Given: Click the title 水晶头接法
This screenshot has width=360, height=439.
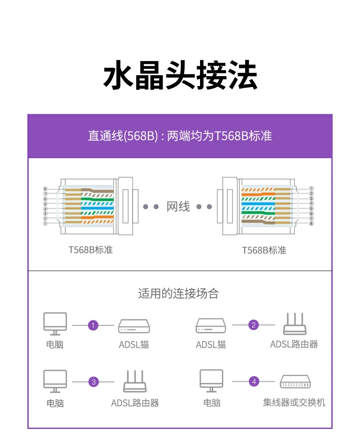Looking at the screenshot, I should pos(180,76).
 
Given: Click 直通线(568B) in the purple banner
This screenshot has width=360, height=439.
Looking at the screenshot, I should pos(123,136).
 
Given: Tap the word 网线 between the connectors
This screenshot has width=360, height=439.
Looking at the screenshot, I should pos(178,207).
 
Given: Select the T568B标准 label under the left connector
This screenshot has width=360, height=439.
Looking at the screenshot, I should pos(91,250).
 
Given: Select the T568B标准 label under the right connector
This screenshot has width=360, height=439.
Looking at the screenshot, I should pos(264,250).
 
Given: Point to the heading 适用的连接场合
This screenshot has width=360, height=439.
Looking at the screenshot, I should pos(179,293).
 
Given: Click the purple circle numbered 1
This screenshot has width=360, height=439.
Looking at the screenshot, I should pos(93,325).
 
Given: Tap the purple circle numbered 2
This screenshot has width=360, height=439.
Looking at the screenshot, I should pos(254,325).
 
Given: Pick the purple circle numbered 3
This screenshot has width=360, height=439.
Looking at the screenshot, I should pos(93,382).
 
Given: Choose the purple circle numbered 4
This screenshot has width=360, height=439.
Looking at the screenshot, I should pos(254,382).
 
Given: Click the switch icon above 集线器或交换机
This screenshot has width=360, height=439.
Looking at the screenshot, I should pos(295,382).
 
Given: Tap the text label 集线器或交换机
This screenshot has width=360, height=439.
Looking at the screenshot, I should pos(294,403).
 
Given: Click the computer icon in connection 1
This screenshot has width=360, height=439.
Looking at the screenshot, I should pos(55,324).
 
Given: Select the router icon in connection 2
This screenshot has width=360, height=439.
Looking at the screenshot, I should pos(294,324).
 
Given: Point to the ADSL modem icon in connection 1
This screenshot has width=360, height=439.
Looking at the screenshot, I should pos(134,326).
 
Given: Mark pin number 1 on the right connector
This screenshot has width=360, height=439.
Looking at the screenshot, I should pos(311,188).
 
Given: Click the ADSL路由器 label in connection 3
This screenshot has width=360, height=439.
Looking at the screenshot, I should pos(135,403).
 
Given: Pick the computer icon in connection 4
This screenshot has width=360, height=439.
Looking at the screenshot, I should pos(211,381).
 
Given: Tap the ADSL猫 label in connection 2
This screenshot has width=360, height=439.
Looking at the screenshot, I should pos(211,345).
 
